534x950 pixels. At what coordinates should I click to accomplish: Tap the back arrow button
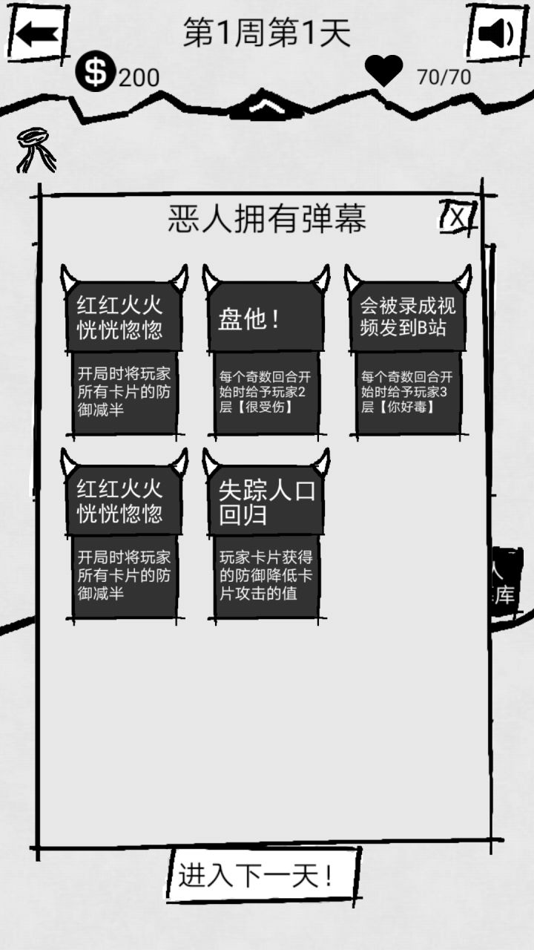pyautogui.click(x=37, y=34)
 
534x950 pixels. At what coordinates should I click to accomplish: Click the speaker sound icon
pyautogui.click(x=496, y=33)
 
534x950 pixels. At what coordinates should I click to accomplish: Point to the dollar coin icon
pyautogui.click(x=96, y=71)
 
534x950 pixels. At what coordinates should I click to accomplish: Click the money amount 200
pyautogui.click(x=139, y=77)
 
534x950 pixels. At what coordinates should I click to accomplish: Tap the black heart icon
pyautogui.click(x=383, y=70)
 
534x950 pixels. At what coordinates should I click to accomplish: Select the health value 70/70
pyautogui.click(x=444, y=77)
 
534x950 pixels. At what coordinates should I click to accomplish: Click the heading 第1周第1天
pyautogui.click(x=267, y=32)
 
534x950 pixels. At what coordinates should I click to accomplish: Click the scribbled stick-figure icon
pyautogui.click(x=36, y=150)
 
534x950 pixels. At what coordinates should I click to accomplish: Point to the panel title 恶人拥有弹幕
pyautogui.click(x=267, y=218)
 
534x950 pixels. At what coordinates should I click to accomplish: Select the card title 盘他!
pyautogui.click(x=249, y=319)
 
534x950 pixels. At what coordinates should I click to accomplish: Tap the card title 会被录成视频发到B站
pyautogui.click(x=408, y=316)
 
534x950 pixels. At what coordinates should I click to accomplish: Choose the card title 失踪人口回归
pyautogui.click(x=267, y=503)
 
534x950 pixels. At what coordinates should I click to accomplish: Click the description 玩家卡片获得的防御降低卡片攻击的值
pyautogui.click(x=266, y=575)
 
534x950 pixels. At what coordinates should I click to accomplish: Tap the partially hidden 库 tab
pyautogui.click(x=505, y=594)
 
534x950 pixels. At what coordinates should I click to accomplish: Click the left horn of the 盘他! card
pyautogui.click(x=211, y=278)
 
